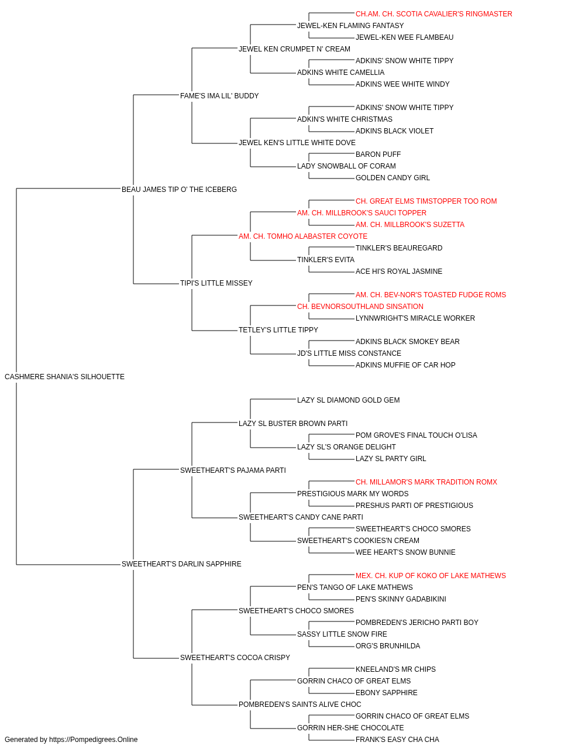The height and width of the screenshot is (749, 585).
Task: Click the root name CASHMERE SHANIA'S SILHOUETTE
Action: pyautogui.click(x=64, y=377)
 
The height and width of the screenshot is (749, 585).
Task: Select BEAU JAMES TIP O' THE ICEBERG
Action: pyautogui.click(x=179, y=190)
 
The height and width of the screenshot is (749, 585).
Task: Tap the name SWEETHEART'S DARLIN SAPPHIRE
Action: pyautogui.click(x=181, y=564)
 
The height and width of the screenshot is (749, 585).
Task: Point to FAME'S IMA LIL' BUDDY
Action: pyautogui.click(x=219, y=96)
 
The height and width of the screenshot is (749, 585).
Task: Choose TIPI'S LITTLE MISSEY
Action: pyautogui.click(x=216, y=283)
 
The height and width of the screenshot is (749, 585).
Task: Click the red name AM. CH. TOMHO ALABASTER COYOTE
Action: pyautogui.click(x=303, y=236)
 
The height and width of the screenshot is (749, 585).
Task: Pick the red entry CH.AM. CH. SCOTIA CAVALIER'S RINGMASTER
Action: pyautogui.click(x=433, y=14)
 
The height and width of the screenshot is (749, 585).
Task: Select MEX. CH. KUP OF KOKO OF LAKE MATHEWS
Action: pyautogui.click(x=431, y=576)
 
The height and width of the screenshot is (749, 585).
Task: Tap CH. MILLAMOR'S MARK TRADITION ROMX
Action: pyautogui.click(x=426, y=482)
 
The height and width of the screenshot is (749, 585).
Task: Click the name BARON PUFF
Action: pyautogui.click(x=378, y=154)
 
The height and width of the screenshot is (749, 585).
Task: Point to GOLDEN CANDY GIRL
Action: pyautogui.click(x=393, y=178)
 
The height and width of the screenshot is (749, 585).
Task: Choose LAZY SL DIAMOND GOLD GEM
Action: pyautogui.click(x=349, y=400)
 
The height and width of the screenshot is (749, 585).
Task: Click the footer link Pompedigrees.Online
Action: pyautogui.click(x=94, y=740)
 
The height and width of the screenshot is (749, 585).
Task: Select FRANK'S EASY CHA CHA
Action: pyautogui.click(x=398, y=740)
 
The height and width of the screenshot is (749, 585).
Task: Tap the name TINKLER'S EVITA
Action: pyautogui.click(x=326, y=260)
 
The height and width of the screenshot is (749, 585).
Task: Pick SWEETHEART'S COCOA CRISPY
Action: pyautogui.click(x=235, y=658)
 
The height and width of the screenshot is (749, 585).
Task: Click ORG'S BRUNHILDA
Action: pyautogui.click(x=388, y=646)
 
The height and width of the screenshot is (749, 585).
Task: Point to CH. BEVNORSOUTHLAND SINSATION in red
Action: pyautogui.click(x=360, y=307)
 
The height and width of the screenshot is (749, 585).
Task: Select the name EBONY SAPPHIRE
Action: pyautogui.click(x=387, y=693)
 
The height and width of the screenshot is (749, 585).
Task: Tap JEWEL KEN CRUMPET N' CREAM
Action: pyautogui.click(x=295, y=49)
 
